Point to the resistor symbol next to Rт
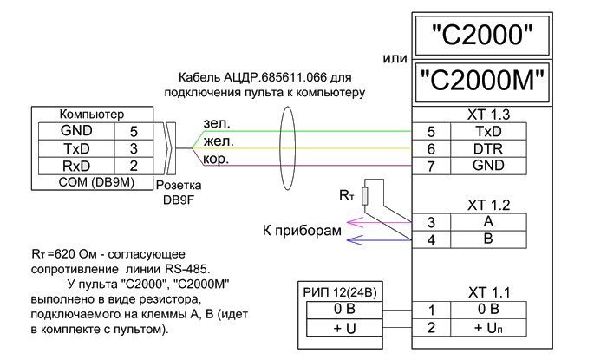(369, 195)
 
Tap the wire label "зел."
(215, 124)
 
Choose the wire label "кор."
(215, 159)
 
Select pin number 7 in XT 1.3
(431, 165)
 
